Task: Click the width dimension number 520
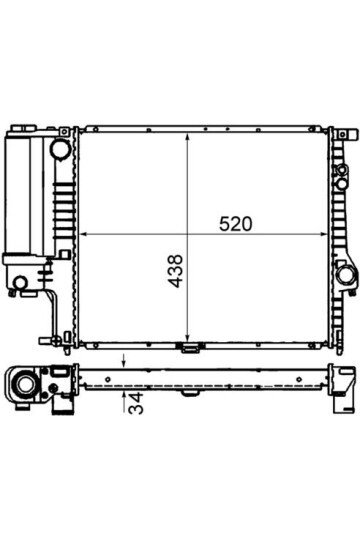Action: (236, 224)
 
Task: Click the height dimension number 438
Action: (175, 271)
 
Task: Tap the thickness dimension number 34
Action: (135, 403)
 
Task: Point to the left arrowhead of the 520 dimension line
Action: (83, 234)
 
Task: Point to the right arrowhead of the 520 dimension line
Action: (323, 234)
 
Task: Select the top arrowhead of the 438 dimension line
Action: (187, 137)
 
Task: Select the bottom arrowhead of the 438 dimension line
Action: (187, 338)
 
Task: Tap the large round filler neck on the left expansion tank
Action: (60, 149)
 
